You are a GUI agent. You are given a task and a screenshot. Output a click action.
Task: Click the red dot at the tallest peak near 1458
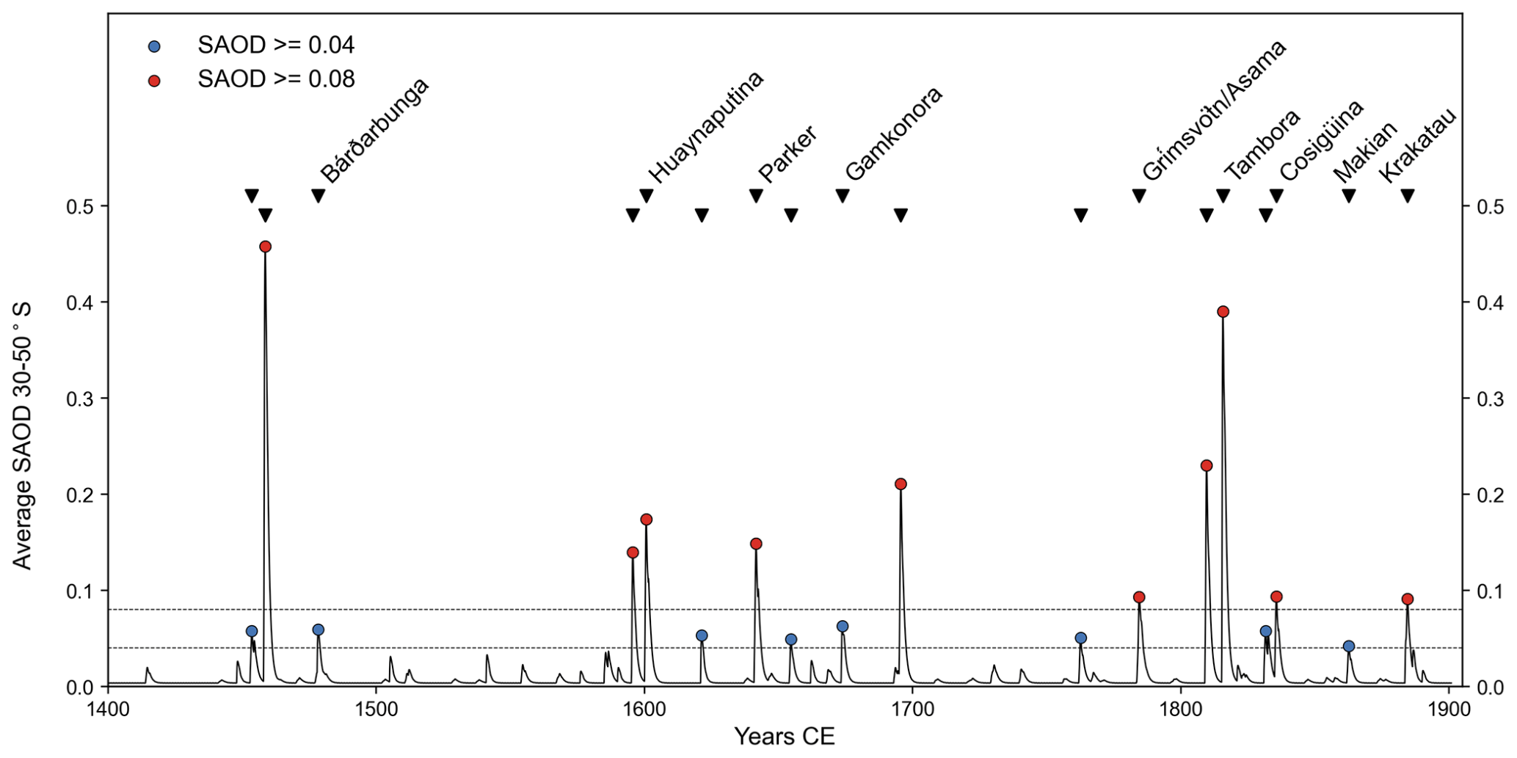265,247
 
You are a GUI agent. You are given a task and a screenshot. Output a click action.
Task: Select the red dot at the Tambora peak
1223,312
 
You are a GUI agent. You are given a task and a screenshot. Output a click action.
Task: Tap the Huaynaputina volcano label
706,126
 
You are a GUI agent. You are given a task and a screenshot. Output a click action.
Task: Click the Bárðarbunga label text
374,130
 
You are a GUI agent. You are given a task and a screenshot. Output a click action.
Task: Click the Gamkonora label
893,134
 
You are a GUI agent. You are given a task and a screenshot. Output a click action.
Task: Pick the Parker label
787,154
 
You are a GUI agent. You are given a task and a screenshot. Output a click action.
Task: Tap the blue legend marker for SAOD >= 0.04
154,46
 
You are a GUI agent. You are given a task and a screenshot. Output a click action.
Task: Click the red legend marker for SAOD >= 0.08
154,80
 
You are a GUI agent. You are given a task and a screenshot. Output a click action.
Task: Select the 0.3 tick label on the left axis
79,398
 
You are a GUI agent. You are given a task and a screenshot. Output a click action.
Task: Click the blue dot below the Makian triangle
1348,646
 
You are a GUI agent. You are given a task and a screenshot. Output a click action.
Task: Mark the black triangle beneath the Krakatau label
1407,196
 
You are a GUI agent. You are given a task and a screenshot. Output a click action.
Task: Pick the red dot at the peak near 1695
901,484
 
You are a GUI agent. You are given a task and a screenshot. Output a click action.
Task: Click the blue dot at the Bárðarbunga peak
318,630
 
